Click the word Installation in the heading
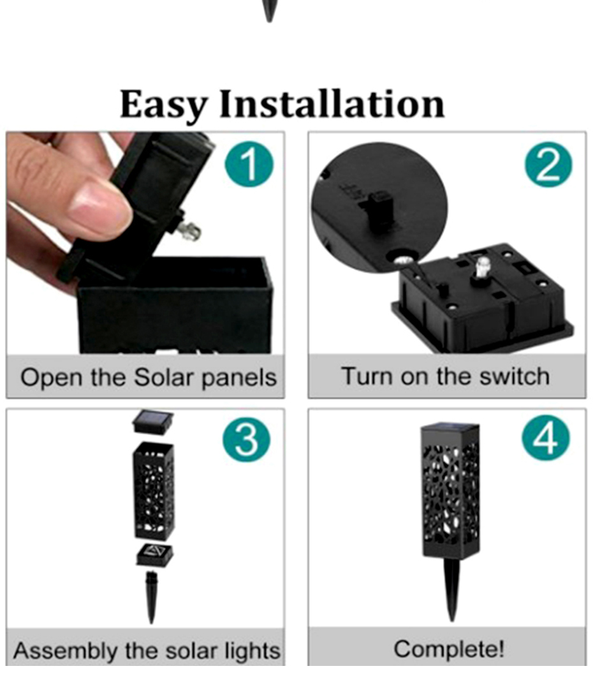(332, 104)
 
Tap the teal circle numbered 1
(249, 165)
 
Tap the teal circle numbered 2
(548, 165)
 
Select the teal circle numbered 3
(247, 441)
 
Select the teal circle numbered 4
(546, 441)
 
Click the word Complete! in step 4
(449, 649)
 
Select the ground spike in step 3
(151, 596)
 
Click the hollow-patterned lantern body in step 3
(154, 491)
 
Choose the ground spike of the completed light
(451, 587)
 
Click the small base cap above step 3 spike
(154, 555)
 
